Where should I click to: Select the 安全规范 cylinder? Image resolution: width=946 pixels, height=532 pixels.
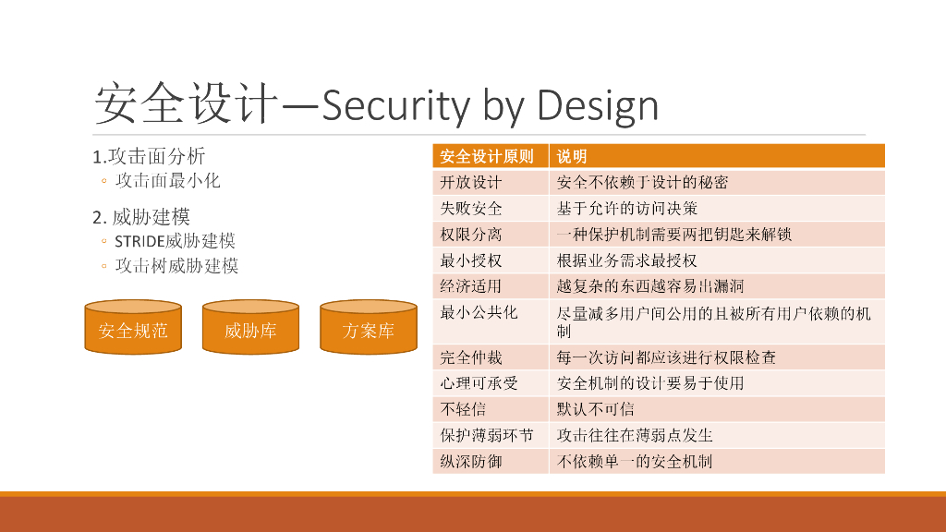pyautogui.click(x=133, y=330)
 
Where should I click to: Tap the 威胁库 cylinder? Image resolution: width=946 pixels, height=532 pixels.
pyautogui.click(x=249, y=330)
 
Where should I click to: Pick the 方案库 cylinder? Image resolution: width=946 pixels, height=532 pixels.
pyautogui.click(x=368, y=330)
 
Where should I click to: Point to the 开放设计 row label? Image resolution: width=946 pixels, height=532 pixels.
pyautogui.click(x=471, y=182)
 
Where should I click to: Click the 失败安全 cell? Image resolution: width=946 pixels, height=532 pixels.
pyautogui.click(x=471, y=208)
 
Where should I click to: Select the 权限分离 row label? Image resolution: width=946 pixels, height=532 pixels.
pyautogui.click(x=471, y=234)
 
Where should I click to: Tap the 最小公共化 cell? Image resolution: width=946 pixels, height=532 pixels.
pyautogui.click(x=479, y=312)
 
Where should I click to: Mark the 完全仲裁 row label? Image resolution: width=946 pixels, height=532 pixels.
pyautogui.click(x=471, y=357)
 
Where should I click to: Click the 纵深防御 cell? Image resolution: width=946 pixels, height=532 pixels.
pyautogui.click(x=471, y=460)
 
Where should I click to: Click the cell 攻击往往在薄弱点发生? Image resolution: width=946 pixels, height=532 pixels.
pyautogui.click(x=635, y=434)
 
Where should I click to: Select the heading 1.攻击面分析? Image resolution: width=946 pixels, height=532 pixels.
pyautogui.click(x=149, y=155)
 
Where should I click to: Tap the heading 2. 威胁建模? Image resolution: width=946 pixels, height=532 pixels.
pyautogui.click(x=141, y=217)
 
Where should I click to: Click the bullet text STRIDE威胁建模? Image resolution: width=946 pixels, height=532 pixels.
pyautogui.click(x=175, y=241)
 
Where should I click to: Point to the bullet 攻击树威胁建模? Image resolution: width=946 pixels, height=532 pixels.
pyautogui.click(x=176, y=266)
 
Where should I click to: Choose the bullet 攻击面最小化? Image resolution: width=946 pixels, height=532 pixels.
pyautogui.click(x=167, y=180)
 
